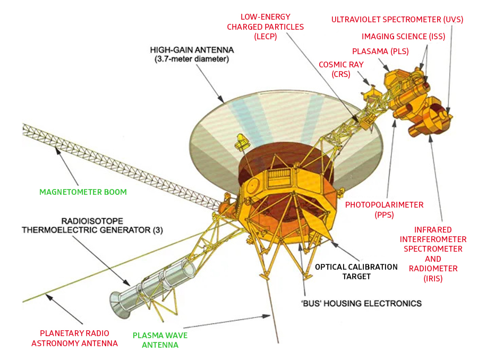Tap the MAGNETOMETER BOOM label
point(83,192)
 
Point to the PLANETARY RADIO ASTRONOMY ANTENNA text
point(74,338)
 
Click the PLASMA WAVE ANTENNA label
point(160,340)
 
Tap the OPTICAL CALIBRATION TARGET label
point(356,271)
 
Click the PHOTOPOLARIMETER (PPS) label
point(385,209)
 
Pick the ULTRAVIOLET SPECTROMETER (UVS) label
point(397,20)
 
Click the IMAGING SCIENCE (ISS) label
point(404,37)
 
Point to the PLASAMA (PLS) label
point(380,52)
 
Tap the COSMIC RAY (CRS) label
point(334,70)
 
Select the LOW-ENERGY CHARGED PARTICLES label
point(265,27)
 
